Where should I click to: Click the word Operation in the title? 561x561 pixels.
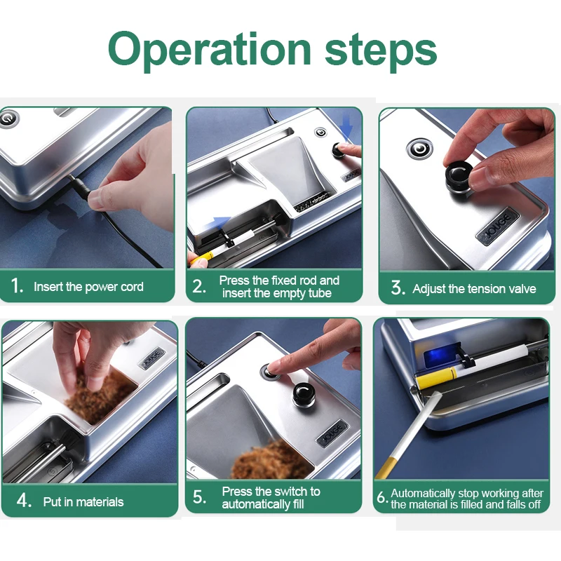[x=210, y=50]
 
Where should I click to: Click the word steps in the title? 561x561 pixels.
[x=381, y=50]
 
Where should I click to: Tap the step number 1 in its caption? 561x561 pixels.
[x=17, y=285]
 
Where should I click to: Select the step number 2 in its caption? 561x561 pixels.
[x=199, y=286]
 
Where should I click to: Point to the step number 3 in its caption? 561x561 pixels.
[x=398, y=288]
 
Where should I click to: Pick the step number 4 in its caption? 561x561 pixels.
[x=24, y=501]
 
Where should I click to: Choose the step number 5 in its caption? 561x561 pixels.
[x=199, y=497]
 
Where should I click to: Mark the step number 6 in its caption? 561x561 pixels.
[x=382, y=497]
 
